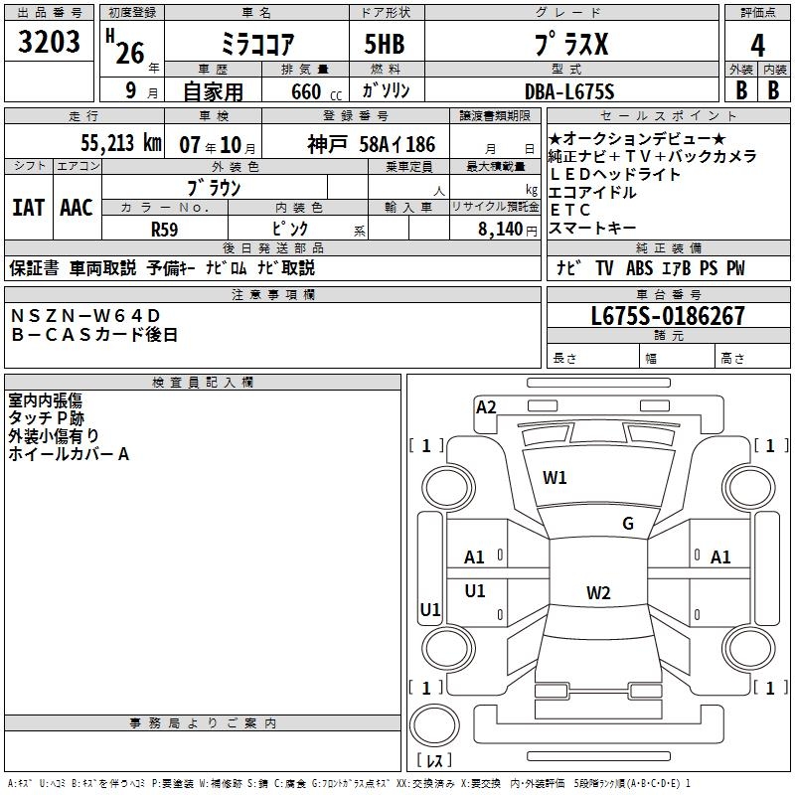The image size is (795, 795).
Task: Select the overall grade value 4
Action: tap(758, 46)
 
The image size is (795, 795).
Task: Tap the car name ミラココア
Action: tap(255, 46)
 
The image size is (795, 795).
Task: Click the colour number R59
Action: tap(165, 230)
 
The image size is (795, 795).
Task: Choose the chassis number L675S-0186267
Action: tap(667, 317)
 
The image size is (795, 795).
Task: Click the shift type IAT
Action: tap(28, 208)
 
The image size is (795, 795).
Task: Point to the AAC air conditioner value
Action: tap(77, 208)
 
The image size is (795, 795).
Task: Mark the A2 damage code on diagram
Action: tap(486, 406)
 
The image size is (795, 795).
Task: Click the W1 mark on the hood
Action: tap(555, 478)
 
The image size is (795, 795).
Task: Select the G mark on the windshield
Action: tap(627, 524)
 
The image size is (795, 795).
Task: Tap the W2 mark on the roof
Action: tap(597, 593)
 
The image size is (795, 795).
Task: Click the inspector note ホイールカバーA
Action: tap(69, 454)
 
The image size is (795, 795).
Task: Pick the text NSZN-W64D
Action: tap(85, 316)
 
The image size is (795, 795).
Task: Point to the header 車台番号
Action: tap(667, 295)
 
